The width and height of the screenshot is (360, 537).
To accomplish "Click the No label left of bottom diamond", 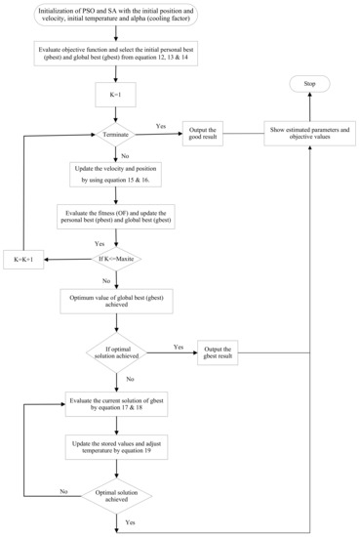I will coord(63,491).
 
